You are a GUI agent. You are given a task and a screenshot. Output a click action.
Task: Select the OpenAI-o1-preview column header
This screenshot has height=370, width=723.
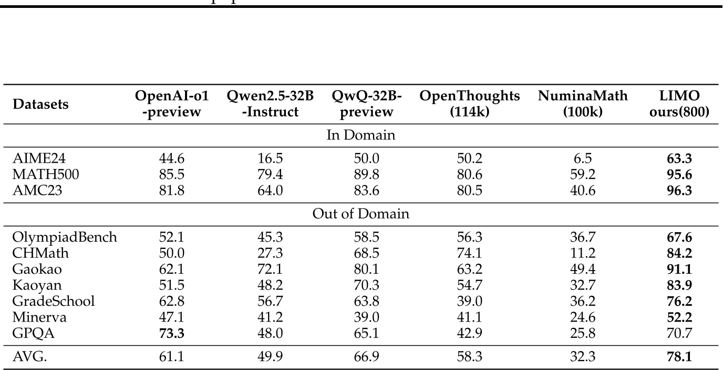(171, 104)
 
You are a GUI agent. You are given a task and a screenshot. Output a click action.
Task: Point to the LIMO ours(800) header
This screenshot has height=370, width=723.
(679, 104)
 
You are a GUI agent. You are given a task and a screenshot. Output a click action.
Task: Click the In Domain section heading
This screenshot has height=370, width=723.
(361, 135)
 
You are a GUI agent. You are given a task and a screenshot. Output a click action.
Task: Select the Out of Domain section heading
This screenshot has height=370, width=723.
(361, 215)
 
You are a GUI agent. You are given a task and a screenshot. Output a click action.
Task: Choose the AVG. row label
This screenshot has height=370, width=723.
(28, 357)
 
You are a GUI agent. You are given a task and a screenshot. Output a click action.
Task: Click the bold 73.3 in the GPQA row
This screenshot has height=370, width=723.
(171, 333)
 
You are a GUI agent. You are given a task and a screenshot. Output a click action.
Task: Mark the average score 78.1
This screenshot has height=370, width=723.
(679, 357)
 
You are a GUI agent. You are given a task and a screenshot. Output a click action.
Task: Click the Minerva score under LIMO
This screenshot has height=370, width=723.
(679, 317)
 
